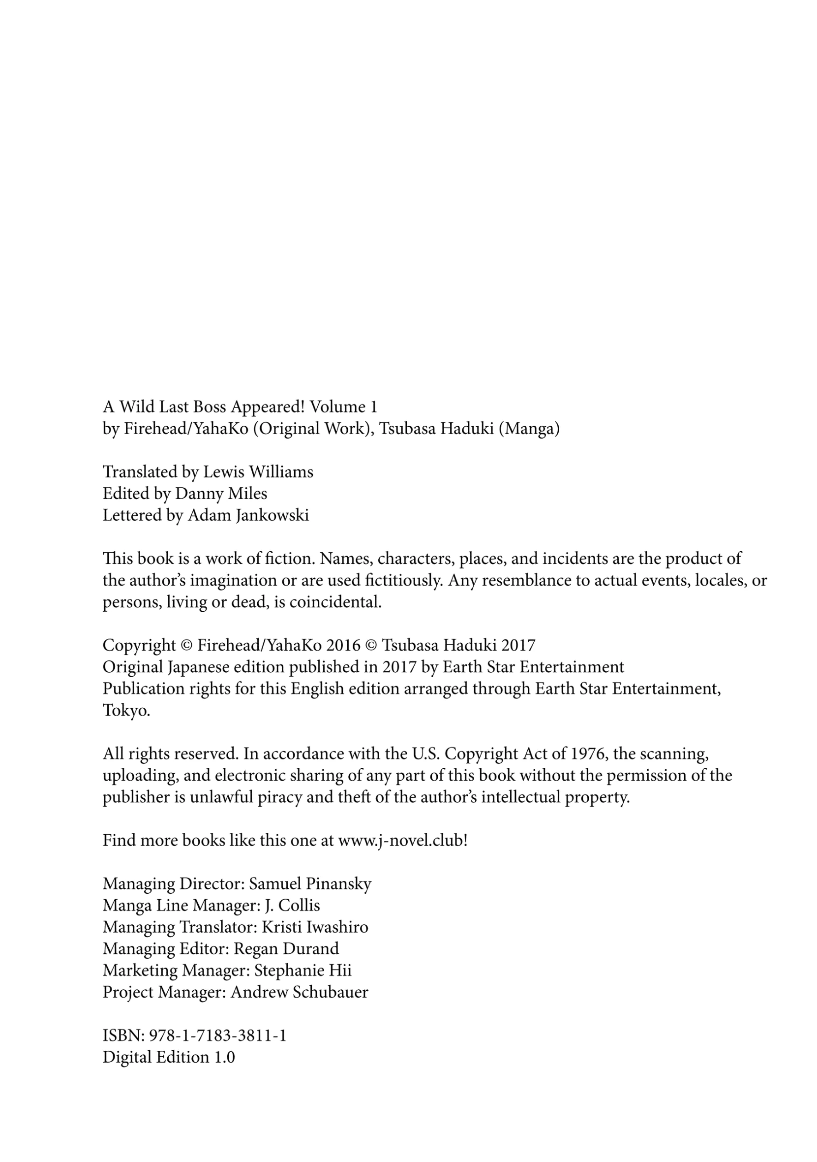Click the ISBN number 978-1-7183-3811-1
(218, 1036)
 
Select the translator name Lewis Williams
(258, 471)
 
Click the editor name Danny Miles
(221, 494)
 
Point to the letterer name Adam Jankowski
(248, 515)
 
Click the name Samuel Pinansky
(310, 883)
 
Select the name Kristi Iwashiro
(315, 927)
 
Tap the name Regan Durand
(286, 949)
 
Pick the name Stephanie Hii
(303, 971)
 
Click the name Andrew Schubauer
(300, 993)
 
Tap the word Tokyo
(126, 711)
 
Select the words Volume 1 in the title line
(343, 407)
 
